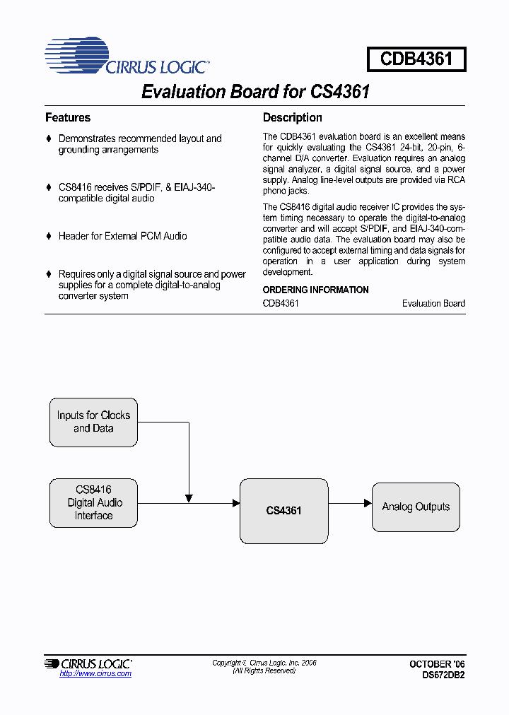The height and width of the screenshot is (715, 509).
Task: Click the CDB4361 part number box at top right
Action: (416, 59)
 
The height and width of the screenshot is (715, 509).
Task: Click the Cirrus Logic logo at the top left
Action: (126, 57)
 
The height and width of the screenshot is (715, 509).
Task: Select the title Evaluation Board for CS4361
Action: (255, 92)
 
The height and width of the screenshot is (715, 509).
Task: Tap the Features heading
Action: (68, 118)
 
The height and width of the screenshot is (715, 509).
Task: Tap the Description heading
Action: (292, 118)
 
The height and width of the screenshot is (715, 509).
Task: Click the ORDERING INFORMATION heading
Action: (315, 290)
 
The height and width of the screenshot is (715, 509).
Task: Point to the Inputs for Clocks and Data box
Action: (93, 422)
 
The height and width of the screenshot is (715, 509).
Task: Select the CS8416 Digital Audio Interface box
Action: (93, 502)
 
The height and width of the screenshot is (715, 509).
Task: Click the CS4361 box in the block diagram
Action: (283, 510)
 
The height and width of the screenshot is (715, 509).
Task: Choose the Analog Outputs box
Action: (416, 507)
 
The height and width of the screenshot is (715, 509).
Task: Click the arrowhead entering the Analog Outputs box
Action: (368, 503)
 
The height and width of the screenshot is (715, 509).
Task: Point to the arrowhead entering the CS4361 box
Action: (235, 503)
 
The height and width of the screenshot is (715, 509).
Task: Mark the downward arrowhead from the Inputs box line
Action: (189, 498)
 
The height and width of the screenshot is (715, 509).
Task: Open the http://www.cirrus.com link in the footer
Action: (95, 674)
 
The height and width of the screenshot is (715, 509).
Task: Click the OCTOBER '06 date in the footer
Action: (437, 664)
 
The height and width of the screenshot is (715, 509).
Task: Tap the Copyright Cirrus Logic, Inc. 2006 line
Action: (264, 663)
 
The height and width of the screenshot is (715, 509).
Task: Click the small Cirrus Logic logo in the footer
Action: (88, 663)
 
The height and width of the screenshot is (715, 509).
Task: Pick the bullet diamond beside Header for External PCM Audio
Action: (49, 236)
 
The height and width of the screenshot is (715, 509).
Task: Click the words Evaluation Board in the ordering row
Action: (433, 304)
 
